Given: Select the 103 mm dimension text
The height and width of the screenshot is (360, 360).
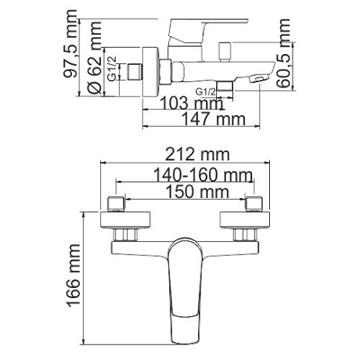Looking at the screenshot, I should click(174, 103).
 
